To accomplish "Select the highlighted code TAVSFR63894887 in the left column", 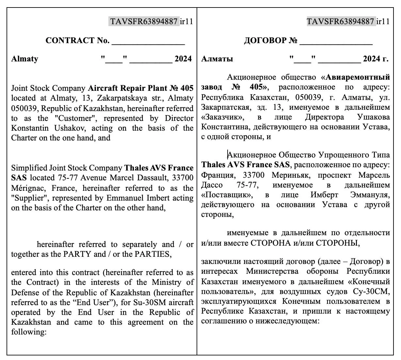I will [144, 22].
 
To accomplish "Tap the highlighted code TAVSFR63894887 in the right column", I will [340, 22].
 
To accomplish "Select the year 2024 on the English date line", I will [183, 59].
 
